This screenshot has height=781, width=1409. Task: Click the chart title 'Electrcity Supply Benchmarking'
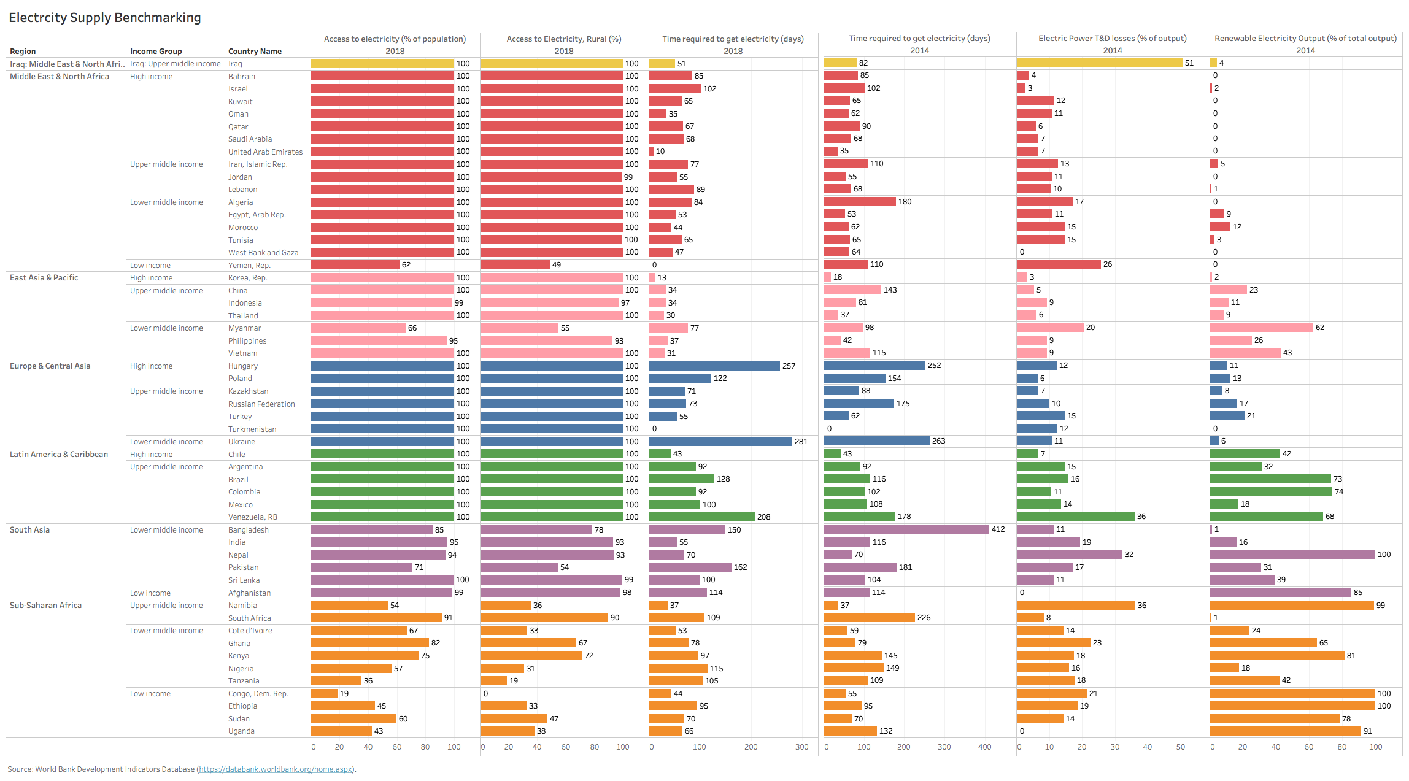pyautogui.click(x=105, y=18)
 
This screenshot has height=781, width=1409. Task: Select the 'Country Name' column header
pyautogui.click(x=255, y=52)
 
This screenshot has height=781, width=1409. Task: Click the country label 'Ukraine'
pyautogui.click(x=242, y=442)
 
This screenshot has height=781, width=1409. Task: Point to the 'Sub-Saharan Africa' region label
pyautogui.click(x=45, y=606)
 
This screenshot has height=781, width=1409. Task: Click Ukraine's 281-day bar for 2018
pyautogui.click(x=720, y=442)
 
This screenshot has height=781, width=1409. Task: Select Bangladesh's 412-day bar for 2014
pyautogui.click(x=906, y=529)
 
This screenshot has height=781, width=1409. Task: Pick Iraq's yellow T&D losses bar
pyautogui.click(x=1099, y=63)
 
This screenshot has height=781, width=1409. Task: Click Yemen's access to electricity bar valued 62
pyautogui.click(x=355, y=265)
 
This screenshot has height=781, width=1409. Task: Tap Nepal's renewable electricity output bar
pyautogui.click(x=1292, y=555)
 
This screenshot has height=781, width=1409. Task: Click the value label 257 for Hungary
pyautogui.click(x=789, y=366)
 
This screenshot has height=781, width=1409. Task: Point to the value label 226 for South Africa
pyautogui.click(x=924, y=618)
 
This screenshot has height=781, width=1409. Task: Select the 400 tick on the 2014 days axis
pyautogui.click(x=984, y=747)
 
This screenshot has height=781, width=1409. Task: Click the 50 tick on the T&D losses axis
pyautogui.click(x=1180, y=747)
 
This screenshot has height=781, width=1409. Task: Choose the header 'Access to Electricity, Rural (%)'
pyautogui.click(x=564, y=39)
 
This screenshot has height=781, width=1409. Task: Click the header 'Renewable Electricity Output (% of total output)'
pyautogui.click(x=1305, y=39)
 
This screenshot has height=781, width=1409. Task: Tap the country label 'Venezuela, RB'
pyautogui.click(x=253, y=517)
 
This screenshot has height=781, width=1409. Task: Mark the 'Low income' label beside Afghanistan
pyautogui.click(x=150, y=593)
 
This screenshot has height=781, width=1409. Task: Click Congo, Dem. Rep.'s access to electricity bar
pyautogui.click(x=324, y=694)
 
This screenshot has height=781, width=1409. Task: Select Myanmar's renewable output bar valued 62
pyautogui.click(x=1261, y=328)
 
